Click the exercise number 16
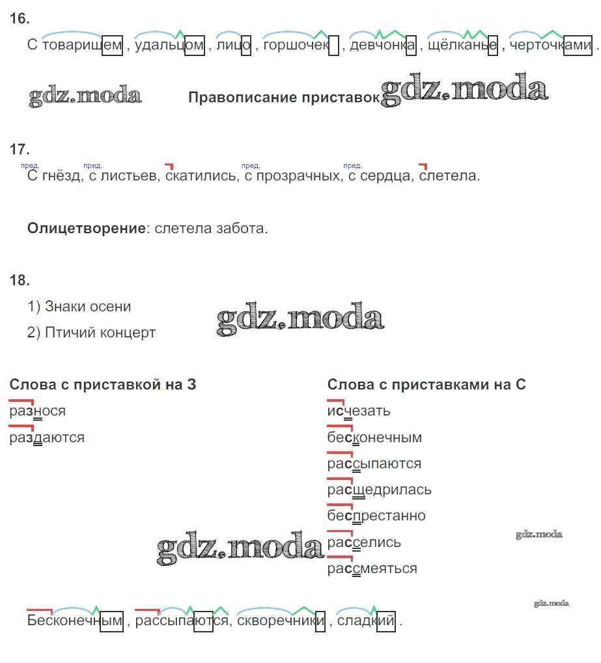tap(20, 19)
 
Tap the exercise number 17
tap(20, 149)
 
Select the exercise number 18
tap(20, 280)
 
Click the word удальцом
tap(169, 45)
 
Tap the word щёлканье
tap(462, 45)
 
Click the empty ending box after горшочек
tap(333, 46)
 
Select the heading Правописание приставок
tap(284, 97)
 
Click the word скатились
tap(201, 175)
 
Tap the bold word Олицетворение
tap(87, 229)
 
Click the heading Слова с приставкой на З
tap(103, 384)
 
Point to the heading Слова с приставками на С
tap(426, 384)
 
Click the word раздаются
tap(47, 437)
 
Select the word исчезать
tap(359, 411)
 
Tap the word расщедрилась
tap(380, 490)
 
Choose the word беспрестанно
tap(376, 516)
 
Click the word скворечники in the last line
tap(281, 621)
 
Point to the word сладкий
tap(366, 621)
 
